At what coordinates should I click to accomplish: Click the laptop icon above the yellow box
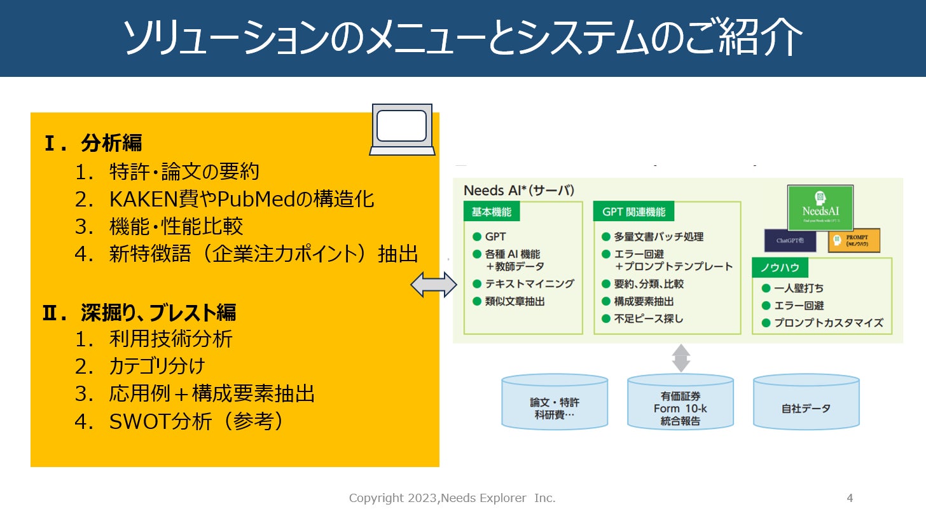tap(402, 130)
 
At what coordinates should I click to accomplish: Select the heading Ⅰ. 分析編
tap(93, 144)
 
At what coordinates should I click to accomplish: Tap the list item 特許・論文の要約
tap(184, 172)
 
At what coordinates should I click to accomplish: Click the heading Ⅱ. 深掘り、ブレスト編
tap(139, 312)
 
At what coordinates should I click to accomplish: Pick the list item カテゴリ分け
tap(157, 367)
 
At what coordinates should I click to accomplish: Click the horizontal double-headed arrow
tap(434, 284)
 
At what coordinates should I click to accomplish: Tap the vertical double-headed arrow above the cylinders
tap(681, 358)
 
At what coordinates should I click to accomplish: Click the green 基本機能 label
tap(492, 212)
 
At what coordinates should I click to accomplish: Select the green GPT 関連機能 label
tap(633, 212)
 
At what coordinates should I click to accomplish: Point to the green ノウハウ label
tap(780, 267)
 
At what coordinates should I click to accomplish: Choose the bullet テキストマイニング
tap(529, 284)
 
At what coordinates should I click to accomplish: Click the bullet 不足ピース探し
tap(648, 318)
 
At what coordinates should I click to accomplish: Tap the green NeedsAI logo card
tap(820, 207)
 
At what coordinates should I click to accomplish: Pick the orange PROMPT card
tap(853, 241)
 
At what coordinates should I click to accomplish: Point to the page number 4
tap(850, 498)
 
